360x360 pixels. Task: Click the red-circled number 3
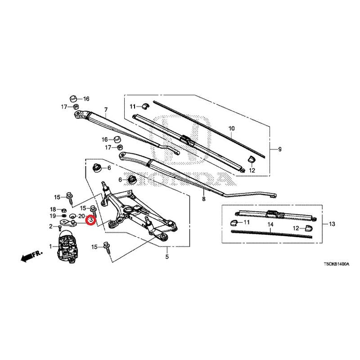tap(91, 220)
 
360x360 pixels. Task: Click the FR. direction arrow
tap(31, 256)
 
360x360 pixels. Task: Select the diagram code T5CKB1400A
tap(336, 264)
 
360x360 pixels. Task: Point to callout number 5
tap(167, 256)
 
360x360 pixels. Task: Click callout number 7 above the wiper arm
tap(106, 110)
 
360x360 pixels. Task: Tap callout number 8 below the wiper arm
tap(204, 199)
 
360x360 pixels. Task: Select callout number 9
tap(279, 149)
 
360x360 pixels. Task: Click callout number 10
tap(232, 128)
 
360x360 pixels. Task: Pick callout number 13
tap(332, 224)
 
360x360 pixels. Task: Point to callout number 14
tap(270, 224)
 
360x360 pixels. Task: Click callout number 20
tap(81, 216)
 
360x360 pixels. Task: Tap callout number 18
tap(53, 209)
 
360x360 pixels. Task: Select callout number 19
tap(53, 216)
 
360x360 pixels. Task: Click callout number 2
tap(51, 226)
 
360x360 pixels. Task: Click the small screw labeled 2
tap(60, 228)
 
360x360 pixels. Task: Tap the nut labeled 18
tap(64, 210)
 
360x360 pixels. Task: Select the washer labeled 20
tap(72, 216)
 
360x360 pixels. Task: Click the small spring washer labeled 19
tap(64, 216)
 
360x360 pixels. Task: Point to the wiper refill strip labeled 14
tap(272, 234)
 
